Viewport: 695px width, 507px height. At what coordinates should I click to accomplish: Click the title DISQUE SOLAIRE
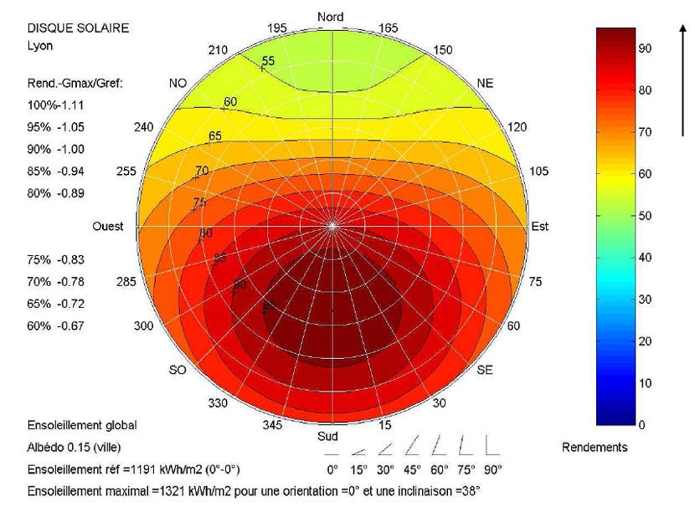click(78, 28)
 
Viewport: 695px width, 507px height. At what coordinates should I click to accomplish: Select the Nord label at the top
click(332, 17)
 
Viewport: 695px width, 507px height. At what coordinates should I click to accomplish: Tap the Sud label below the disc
click(327, 436)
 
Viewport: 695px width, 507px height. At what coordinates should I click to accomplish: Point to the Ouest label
click(107, 227)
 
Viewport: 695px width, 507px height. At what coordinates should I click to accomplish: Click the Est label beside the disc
click(540, 227)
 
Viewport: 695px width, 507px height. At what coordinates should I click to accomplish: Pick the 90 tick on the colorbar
click(646, 49)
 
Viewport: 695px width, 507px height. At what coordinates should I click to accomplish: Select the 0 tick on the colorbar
click(642, 425)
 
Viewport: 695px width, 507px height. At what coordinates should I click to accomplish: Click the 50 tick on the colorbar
click(646, 216)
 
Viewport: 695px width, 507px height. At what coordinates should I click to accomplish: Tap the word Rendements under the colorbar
click(594, 448)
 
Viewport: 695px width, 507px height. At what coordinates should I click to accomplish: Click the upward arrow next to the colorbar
click(684, 79)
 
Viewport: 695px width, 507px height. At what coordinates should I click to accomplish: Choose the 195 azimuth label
click(277, 28)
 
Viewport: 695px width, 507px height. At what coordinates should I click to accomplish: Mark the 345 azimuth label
click(272, 425)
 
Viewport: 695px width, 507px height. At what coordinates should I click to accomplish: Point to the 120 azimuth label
click(517, 126)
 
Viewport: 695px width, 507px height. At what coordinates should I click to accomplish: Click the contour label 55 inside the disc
click(268, 61)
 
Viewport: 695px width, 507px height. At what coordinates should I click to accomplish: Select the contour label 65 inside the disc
click(215, 136)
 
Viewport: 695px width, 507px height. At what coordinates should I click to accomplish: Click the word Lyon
click(40, 46)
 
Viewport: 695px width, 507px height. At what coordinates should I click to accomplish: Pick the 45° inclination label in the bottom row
click(412, 469)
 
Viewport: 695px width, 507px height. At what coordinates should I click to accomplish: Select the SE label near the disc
click(484, 370)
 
